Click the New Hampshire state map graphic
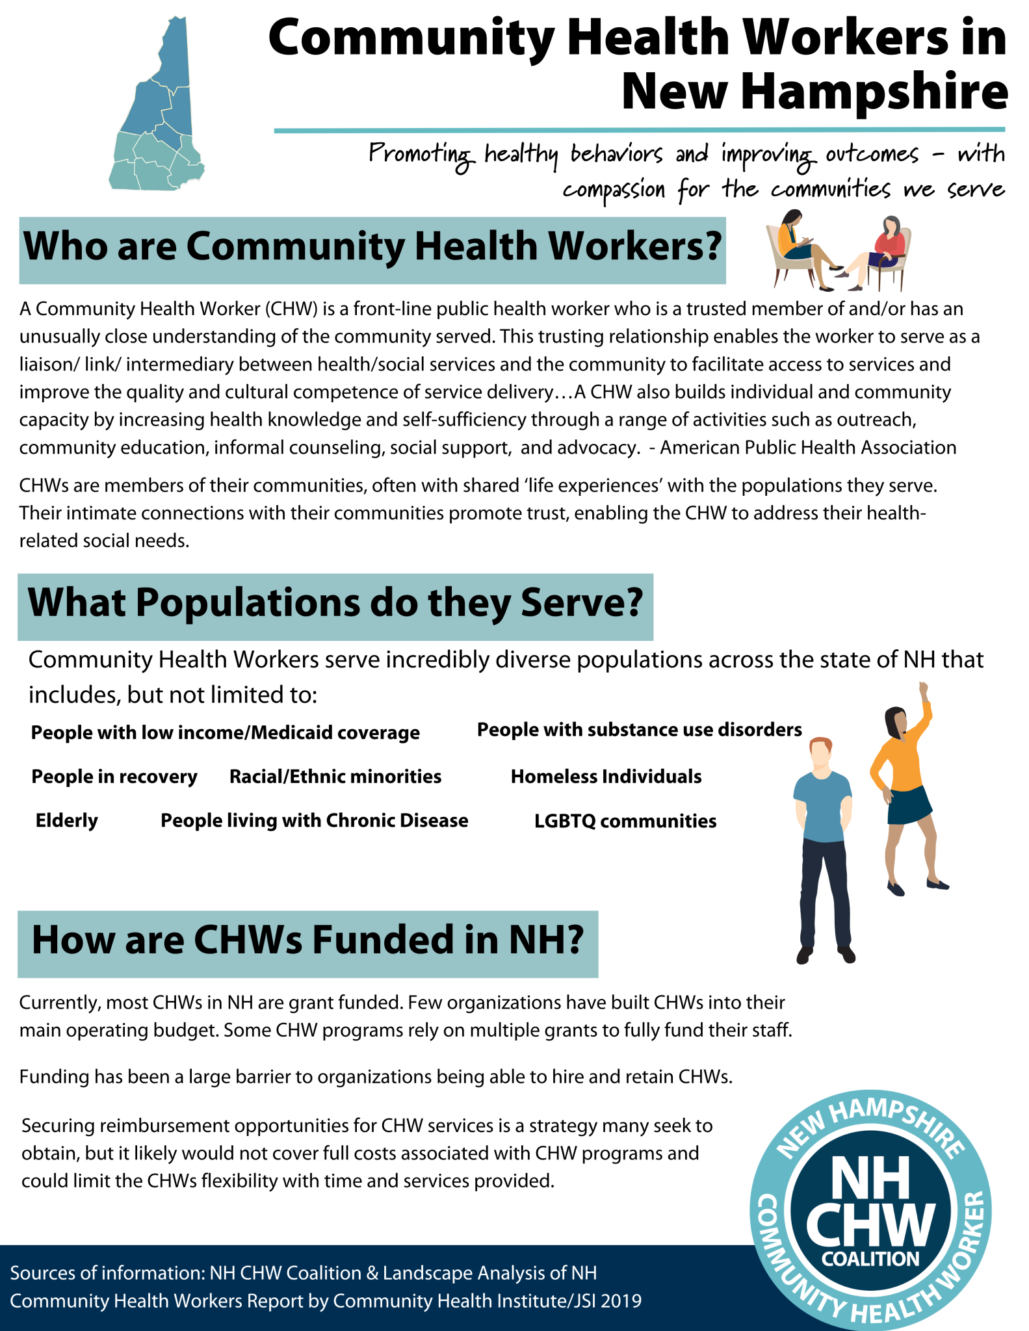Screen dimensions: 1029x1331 (x=156, y=110)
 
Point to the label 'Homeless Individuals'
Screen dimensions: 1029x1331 (x=606, y=777)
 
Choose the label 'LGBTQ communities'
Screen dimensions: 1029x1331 (x=625, y=821)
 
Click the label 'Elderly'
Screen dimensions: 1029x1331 (x=66, y=821)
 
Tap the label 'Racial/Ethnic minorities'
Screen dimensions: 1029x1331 (x=335, y=777)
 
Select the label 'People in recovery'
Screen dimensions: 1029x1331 (x=114, y=777)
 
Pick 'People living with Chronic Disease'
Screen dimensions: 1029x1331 (x=315, y=821)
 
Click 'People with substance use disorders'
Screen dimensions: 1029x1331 (x=640, y=730)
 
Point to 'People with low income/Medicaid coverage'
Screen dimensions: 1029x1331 (x=226, y=733)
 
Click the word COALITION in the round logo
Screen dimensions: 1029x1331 (x=870, y=1259)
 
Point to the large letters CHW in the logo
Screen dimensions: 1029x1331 (x=870, y=1223)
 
